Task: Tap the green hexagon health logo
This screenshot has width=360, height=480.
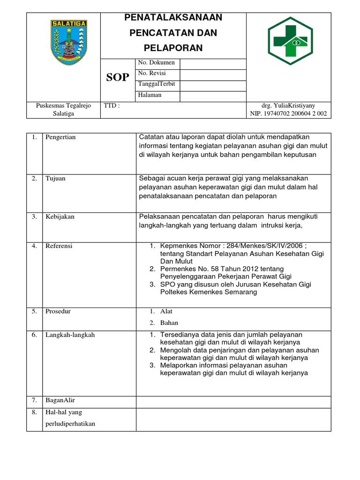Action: tap(290, 41)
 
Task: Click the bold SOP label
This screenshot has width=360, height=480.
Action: tap(117, 78)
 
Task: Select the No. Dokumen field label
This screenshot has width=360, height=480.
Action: tap(156, 62)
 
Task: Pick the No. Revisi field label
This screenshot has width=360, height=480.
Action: tap(152, 73)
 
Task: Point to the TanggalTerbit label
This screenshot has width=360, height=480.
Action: tap(157, 84)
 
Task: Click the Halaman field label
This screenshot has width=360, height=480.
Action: tap(150, 95)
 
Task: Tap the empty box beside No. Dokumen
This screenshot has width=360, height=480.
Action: tap(213, 63)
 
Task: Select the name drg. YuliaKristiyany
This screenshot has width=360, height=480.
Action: tap(288, 106)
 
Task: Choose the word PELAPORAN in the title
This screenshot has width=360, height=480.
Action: tap(173, 48)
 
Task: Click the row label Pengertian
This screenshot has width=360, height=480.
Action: tap(60, 137)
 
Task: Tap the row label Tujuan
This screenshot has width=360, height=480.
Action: tap(55, 178)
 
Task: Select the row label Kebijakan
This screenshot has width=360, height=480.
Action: tap(60, 217)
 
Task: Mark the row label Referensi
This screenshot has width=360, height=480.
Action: tap(59, 246)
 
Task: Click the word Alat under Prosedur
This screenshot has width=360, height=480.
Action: tap(166, 311)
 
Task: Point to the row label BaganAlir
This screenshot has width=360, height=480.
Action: tap(60, 400)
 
